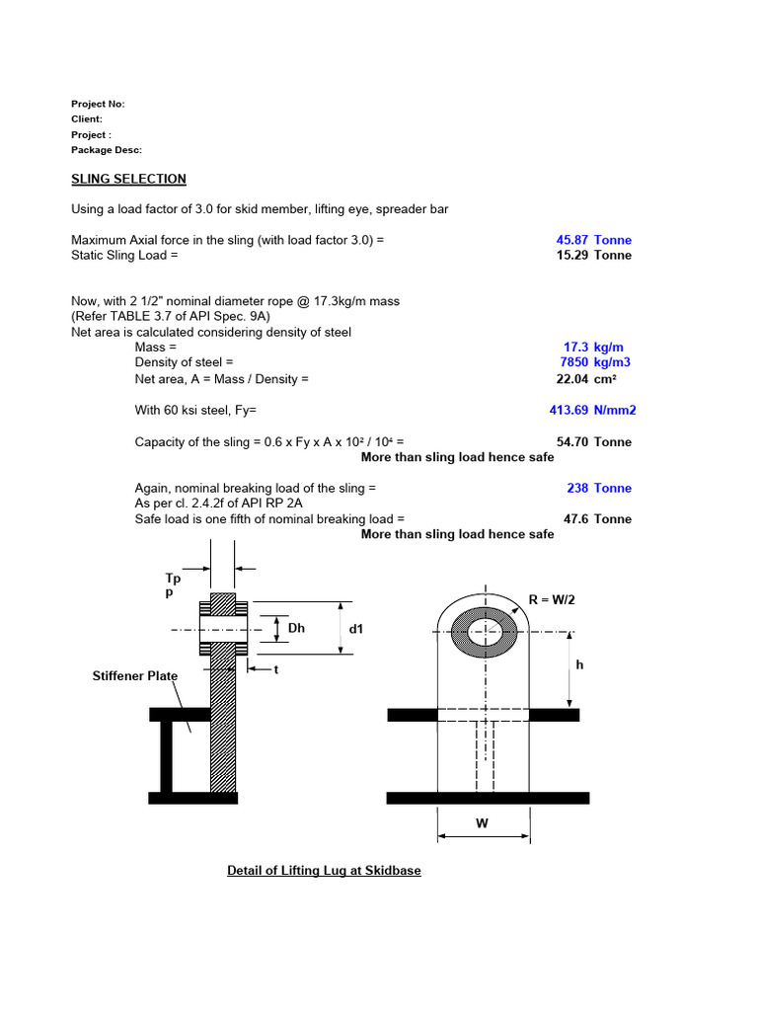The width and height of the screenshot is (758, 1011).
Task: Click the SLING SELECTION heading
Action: coord(128,179)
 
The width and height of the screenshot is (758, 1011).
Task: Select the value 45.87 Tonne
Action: coord(594,240)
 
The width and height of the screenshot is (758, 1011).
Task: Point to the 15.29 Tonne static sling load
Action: coord(594,255)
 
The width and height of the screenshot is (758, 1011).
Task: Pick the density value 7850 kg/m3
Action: coord(595,362)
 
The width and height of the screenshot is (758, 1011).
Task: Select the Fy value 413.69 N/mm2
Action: coord(590,410)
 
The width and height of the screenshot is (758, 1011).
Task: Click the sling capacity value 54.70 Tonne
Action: coord(594,441)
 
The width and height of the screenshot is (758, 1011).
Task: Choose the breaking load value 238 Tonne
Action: coord(599,488)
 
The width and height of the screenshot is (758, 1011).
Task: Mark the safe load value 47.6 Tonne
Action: coord(597,518)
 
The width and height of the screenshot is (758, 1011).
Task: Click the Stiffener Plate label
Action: coord(135,676)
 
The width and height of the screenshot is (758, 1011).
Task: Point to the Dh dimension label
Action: coord(297,628)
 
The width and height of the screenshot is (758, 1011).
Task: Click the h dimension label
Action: coord(580,665)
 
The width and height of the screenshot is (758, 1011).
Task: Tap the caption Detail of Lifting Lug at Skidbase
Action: coord(324,871)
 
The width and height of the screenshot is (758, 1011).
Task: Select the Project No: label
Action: coord(98,104)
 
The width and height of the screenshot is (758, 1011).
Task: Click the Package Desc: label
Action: coord(107,150)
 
